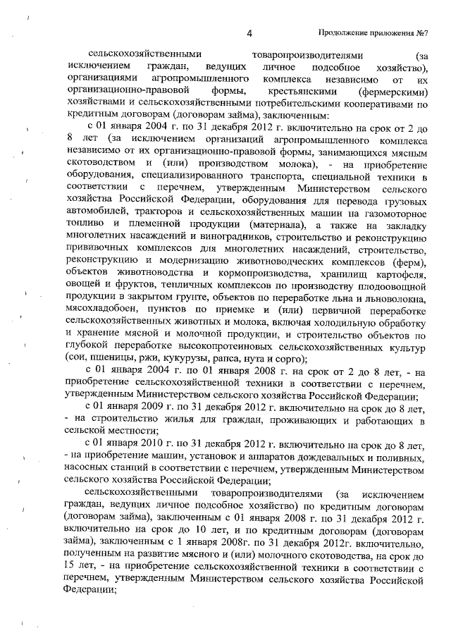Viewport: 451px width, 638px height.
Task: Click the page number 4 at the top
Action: pyautogui.click(x=249, y=32)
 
